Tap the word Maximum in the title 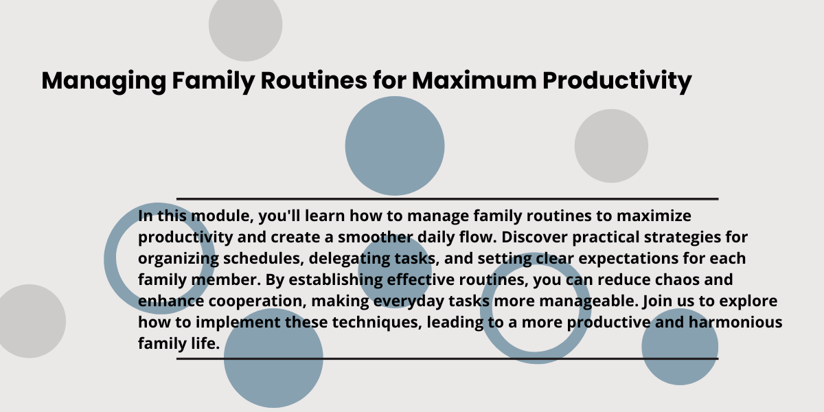pyautogui.click(x=474, y=80)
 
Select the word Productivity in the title pyautogui.click(x=617, y=82)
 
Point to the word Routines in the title pyautogui.click(x=314, y=80)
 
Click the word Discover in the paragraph pyautogui.click(x=534, y=237)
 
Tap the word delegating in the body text pyautogui.click(x=349, y=259)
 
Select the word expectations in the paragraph pyautogui.click(x=628, y=259)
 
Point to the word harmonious pyautogui.click(x=735, y=322)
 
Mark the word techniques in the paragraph pyautogui.click(x=377, y=323)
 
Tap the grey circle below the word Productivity pyautogui.click(x=611, y=146)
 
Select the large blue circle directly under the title pyautogui.click(x=395, y=146)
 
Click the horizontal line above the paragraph pyautogui.click(x=447, y=199)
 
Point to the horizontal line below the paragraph pyautogui.click(x=447, y=358)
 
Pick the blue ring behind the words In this pyautogui.click(x=111, y=257)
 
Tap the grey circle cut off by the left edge pyautogui.click(x=30, y=321)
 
